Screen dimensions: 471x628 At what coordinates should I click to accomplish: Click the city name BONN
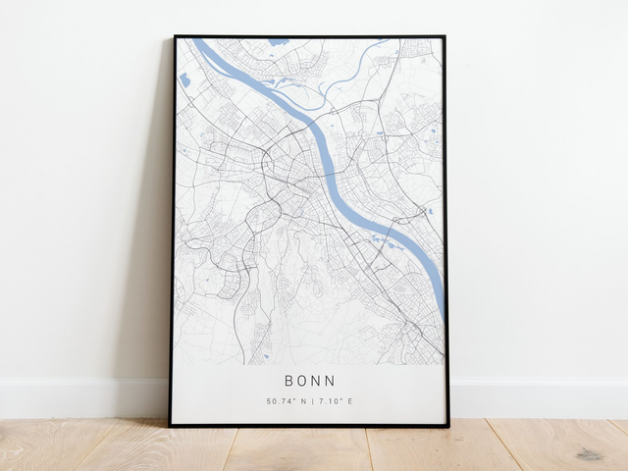pos(309,381)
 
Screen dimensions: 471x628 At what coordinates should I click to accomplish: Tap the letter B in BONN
pos(289,381)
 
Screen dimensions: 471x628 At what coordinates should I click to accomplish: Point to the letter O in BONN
pos(302,381)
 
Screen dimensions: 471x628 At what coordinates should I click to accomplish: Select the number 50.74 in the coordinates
pos(277,401)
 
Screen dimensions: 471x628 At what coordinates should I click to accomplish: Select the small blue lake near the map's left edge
pos(184,80)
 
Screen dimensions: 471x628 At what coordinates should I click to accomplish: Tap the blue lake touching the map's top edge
pos(279,42)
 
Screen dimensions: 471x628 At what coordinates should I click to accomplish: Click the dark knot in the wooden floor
pos(589,454)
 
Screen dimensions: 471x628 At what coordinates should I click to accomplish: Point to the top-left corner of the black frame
pos(175,37)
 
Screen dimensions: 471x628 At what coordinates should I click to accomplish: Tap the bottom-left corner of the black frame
pos(170,425)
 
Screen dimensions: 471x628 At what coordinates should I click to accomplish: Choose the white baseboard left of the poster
pos(78,397)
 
